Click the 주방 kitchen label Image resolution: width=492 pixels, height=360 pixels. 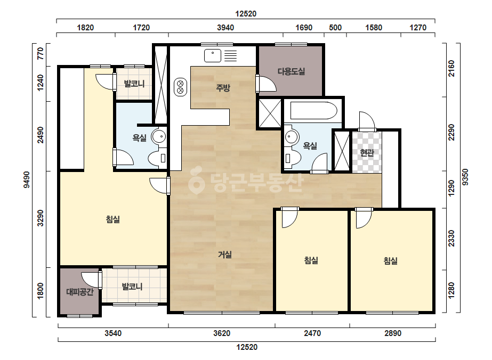(223, 88)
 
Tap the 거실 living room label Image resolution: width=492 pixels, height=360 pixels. (225, 255)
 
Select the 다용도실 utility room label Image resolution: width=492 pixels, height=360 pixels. (291, 71)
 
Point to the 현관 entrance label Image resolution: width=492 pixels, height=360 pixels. (367, 153)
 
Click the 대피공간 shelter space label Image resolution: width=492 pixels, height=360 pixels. (80, 292)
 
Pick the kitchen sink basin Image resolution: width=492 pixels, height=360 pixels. (213, 56)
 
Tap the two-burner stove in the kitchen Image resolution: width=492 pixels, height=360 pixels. (180, 87)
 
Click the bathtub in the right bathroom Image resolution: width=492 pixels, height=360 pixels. (314, 110)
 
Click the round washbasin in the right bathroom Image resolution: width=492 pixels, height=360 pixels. (292, 137)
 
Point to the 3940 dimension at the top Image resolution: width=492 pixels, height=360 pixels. (225, 28)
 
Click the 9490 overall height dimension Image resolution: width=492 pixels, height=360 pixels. (27, 179)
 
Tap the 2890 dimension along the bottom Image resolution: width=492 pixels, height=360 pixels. (393, 333)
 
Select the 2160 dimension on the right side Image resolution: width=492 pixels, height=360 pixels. (451, 68)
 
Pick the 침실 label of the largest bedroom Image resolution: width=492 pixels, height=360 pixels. (113, 219)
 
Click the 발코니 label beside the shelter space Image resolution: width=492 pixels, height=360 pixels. (132, 287)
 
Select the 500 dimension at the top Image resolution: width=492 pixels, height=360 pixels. (335, 28)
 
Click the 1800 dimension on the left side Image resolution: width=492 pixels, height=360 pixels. (41, 291)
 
